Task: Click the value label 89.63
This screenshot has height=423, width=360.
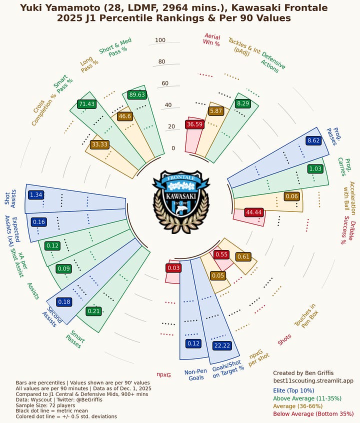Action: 136,94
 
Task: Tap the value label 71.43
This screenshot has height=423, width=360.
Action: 86,104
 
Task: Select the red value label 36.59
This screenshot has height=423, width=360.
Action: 194,124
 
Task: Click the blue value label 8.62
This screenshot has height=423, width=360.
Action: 313,140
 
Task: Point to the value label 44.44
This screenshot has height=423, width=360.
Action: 254,212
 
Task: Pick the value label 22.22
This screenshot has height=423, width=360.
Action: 221,345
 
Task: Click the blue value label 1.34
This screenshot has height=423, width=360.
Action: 36,194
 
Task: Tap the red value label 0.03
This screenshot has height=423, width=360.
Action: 173,268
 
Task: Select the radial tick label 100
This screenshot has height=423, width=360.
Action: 160,40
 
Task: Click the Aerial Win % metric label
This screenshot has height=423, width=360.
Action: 211,39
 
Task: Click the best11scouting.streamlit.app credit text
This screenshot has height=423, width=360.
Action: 313,381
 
